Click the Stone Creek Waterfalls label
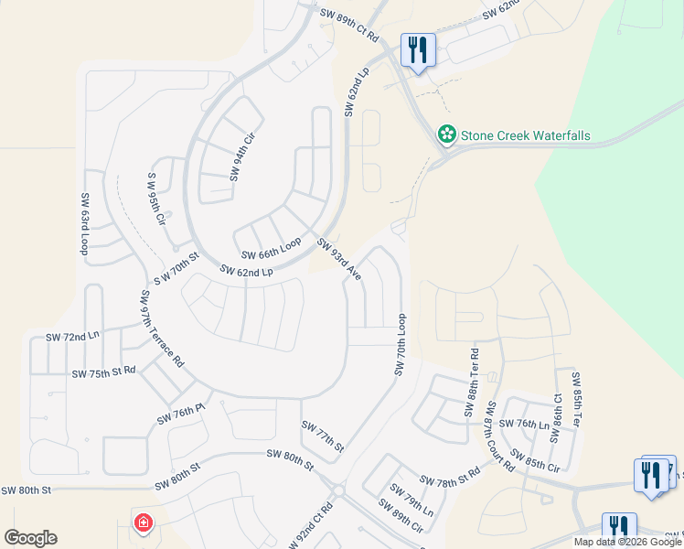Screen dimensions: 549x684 coord(525,136)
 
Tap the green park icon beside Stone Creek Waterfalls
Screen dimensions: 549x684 coord(447,136)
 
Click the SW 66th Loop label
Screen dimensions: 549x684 coord(271,248)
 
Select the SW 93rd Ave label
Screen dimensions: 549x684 coord(339,259)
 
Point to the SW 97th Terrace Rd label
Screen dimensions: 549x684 coord(162,329)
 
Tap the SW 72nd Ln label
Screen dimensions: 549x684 coord(72,338)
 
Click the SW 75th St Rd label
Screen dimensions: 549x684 coord(103,372)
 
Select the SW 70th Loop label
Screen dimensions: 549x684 coord(400,344)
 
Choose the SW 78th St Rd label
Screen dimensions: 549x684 coord(450,479)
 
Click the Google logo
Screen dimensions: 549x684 coord(30,538)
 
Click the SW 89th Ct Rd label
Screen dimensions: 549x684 coord(349,20)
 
